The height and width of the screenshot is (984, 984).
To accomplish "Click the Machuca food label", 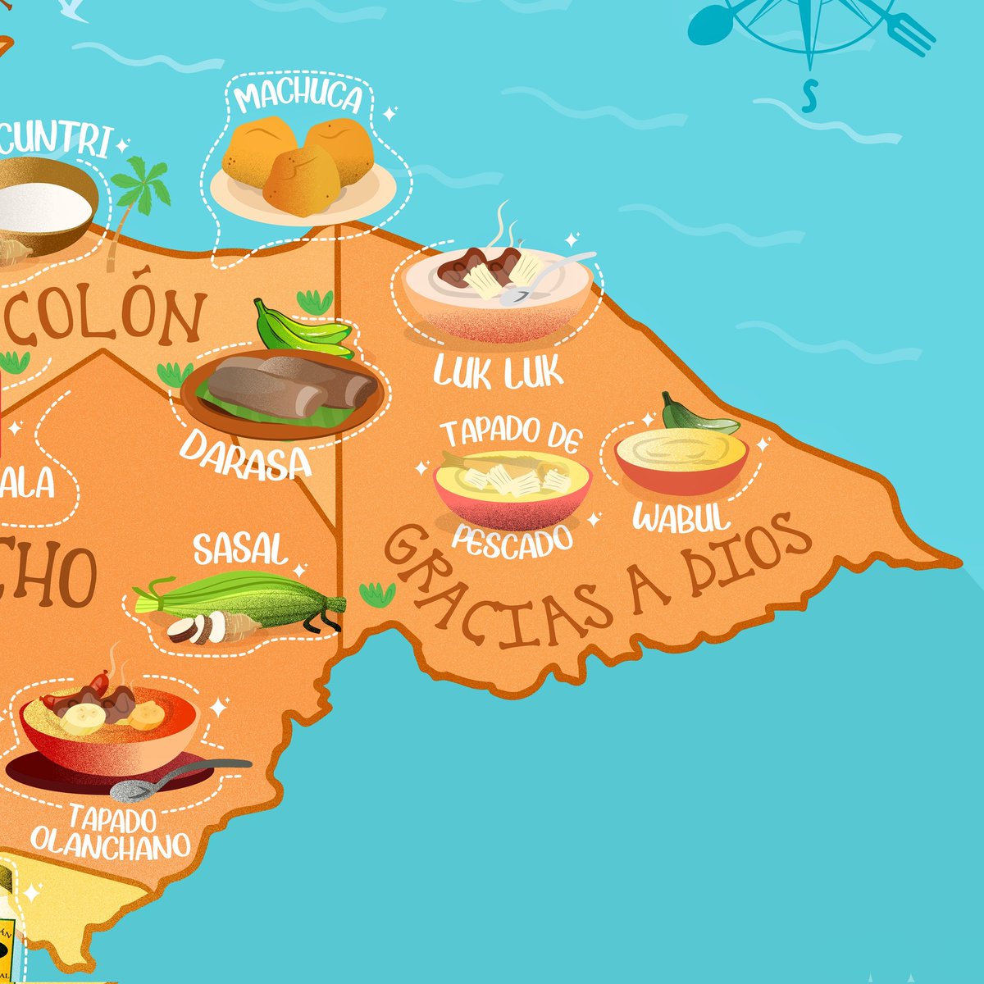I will click(x=298, y=98).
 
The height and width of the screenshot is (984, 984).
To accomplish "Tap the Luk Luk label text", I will click(x=499, y=373).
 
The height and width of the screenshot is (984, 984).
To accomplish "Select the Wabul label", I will click(x=681, y=518).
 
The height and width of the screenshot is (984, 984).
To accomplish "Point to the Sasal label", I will click(x=240, y=550).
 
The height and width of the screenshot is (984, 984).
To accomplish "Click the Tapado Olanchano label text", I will click(x=111, y=831).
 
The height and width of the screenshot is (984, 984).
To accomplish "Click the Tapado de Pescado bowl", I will click(x=512, y=489).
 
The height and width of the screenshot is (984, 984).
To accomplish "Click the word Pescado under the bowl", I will click(x=512, y=541).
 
